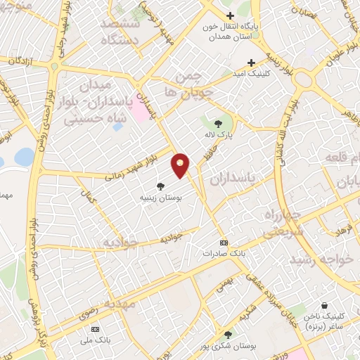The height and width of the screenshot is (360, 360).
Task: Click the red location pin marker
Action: [181, 165]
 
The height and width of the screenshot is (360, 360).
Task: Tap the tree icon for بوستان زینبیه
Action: [162, 186]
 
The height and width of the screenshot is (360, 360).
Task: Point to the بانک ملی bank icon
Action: [96, 328]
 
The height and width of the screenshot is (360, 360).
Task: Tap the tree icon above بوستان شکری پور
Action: [227, 335]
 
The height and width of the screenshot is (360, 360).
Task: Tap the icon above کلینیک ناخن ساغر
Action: [324, 306]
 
